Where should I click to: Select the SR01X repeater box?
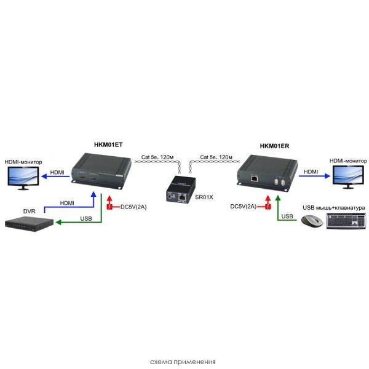[x=183, y=188]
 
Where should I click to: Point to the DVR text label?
[x=30, y=210]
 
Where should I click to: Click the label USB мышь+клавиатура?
[x=334, y=208]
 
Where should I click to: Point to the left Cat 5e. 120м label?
[x=156, y=158]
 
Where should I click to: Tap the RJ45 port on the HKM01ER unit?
[x=255, y=179]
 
